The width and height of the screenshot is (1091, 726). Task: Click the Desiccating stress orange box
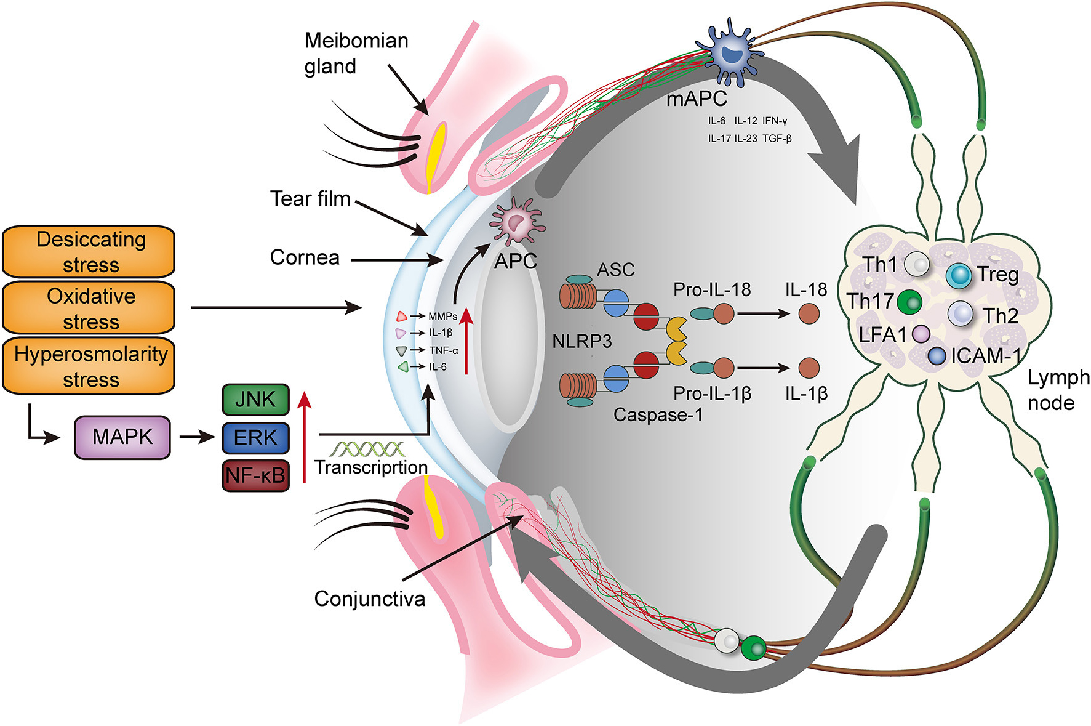pyautogui.click(x=89, y=251)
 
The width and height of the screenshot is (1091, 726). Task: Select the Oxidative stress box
pyautogui.click(x=89, y=308)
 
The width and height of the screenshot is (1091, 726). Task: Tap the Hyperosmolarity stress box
pyautogui.click(x=89, y=366)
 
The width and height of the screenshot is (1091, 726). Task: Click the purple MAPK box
pyautogui.click(x=122, y=437)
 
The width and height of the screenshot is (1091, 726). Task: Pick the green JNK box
pyautogui.click(x=255, y=400)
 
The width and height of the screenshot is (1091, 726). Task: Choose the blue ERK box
pyautogui.click(x=255, y=438)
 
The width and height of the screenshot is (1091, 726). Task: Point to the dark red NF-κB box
pyautogui.click(x=255, y=475)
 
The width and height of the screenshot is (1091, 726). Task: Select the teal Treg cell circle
pyautogui.click(x=957, y=275)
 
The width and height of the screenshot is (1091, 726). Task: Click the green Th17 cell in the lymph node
pyautogui.click(x=909, y=302)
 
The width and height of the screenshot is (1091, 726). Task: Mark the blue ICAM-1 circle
pyautogui.click(x=937, y=356)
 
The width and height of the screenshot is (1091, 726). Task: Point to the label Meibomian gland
pyautogui.click(x=356, y=53)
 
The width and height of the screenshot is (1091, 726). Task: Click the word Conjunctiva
pyautogui.click(x=369, y=599)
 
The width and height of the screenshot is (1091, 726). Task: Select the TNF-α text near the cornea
pyautogui.click(x=444, y=350)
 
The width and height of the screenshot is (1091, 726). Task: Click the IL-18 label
pyautogui.click(x=805, y=289)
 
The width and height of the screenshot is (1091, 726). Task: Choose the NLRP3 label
pyautogui.click(x=581, y=341)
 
